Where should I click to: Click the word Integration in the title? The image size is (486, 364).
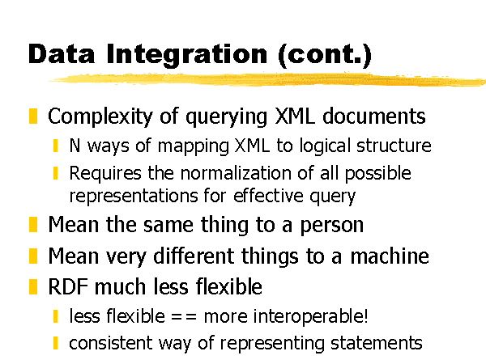186,55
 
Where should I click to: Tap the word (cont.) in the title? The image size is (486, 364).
325,55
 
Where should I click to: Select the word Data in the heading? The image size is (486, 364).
62,54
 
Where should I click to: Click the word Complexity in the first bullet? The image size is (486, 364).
100,117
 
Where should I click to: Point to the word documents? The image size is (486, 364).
373,116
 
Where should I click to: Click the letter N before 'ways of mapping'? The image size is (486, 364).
75,145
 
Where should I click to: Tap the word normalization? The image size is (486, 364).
236,173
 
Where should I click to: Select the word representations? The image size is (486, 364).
134,196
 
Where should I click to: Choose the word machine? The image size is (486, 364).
390,256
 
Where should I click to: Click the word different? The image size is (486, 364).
194,256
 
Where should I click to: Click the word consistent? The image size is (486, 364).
111,343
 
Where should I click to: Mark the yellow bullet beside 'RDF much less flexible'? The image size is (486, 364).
33,286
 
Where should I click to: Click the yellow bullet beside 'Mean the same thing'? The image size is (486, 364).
33,225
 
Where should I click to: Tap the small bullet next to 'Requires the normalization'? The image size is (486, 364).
55,173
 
